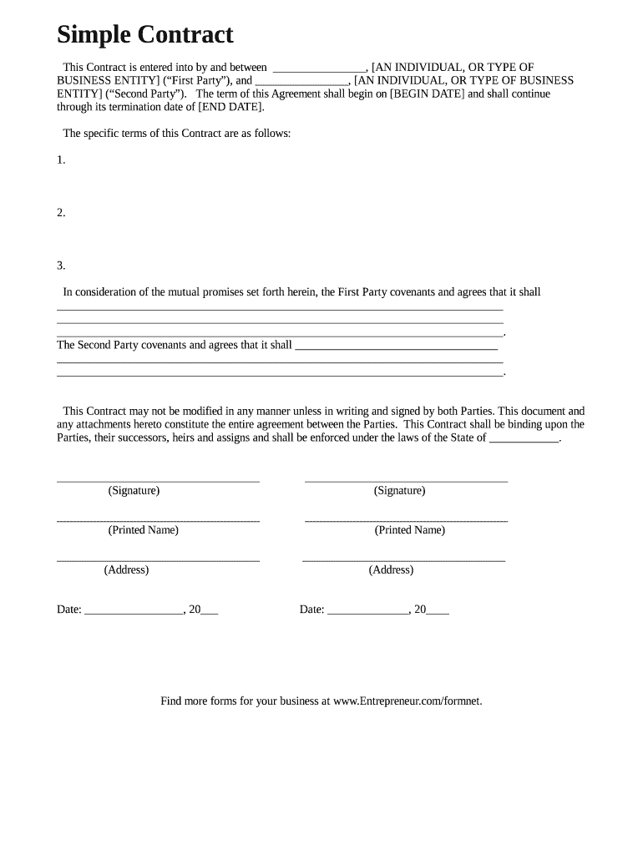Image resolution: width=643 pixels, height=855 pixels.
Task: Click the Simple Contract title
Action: coord(144,35)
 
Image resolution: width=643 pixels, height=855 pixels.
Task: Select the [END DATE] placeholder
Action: coord(230,108)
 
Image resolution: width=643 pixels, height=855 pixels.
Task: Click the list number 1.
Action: coord(61,160)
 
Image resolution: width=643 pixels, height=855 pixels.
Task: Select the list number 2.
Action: coord(61,213)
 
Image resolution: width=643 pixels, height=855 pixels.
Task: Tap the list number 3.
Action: coord(61,266)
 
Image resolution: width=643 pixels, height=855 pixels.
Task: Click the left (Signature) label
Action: coord(134,491)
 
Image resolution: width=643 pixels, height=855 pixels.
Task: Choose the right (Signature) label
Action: coord(399,491)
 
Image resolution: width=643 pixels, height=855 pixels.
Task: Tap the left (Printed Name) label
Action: coord(143,530)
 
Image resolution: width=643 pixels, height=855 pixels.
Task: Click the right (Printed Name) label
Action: coord(409,530)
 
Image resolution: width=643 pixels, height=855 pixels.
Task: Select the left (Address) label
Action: coord(126,570)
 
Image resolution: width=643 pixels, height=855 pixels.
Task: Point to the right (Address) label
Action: coord(391,570)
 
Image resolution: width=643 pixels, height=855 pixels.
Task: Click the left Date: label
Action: coord(69,610)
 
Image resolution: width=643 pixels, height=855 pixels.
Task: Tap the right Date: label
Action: coord(312,610)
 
